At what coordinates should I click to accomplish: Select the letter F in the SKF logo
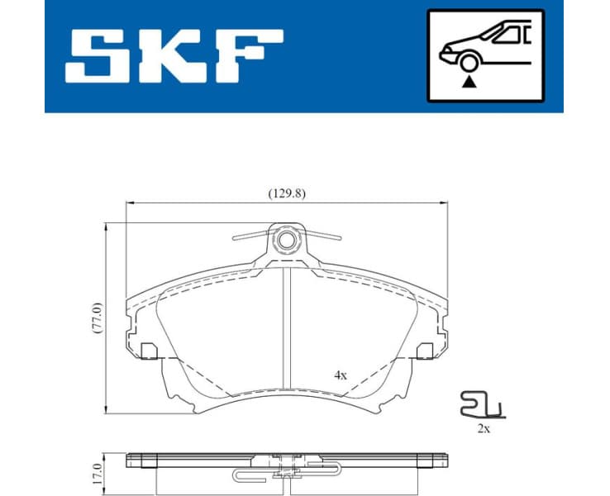click(247, 55)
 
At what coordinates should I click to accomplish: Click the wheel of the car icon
click(469, 63)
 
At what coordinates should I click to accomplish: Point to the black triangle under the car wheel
click(469, 81)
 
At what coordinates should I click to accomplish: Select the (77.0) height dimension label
click(96, 317)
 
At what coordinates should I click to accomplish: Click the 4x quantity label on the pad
click(340, 374)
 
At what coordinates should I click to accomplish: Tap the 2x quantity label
click(483, 429)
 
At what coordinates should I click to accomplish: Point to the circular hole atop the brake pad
click(287, 241)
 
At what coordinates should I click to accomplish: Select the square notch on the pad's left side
click(150, 351)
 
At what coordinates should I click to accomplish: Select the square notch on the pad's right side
click(425, 351)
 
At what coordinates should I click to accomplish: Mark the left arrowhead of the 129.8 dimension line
click(127, 203)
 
